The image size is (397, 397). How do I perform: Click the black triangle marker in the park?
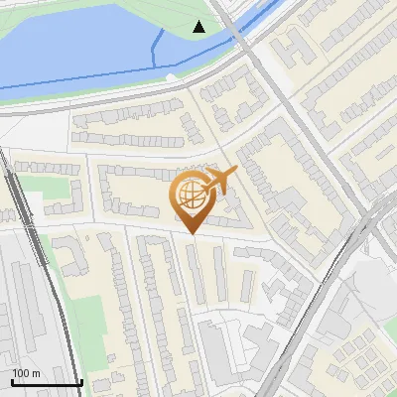point(199,27)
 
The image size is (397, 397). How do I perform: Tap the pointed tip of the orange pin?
point(193,234)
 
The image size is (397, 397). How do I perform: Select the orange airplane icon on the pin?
point(219,181)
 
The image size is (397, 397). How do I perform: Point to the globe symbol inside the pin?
point(192,195)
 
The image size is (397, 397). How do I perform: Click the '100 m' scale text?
point(26,373)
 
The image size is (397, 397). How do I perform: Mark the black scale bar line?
point(47,383)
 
